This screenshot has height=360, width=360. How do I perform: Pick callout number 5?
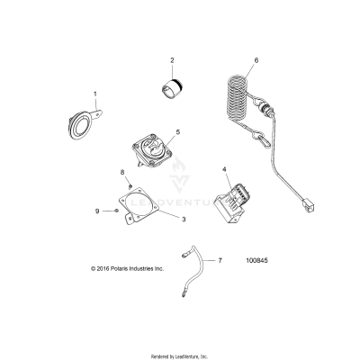[177, 132]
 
